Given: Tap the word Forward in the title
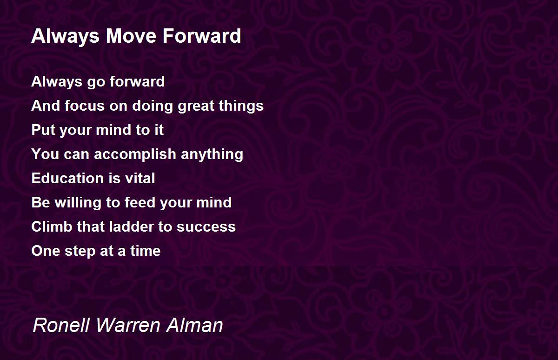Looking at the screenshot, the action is (x=202, y=36).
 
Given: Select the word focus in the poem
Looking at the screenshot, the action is (x=85, y=106).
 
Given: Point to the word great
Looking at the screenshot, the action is (x=196, y=107).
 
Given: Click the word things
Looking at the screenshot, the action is (x=241, y=106).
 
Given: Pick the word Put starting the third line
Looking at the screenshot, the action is (x=43, y=130).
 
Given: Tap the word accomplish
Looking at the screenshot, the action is (x=135, y=154).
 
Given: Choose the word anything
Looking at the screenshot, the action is (x=212, y=154).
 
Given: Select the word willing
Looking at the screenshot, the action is (x=78, y=203).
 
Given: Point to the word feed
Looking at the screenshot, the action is (x=140, y=202).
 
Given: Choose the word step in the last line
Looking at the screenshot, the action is (x=80, y=251).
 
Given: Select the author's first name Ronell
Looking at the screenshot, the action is (x=61, y=325).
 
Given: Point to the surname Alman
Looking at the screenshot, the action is (x=194, y=325).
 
